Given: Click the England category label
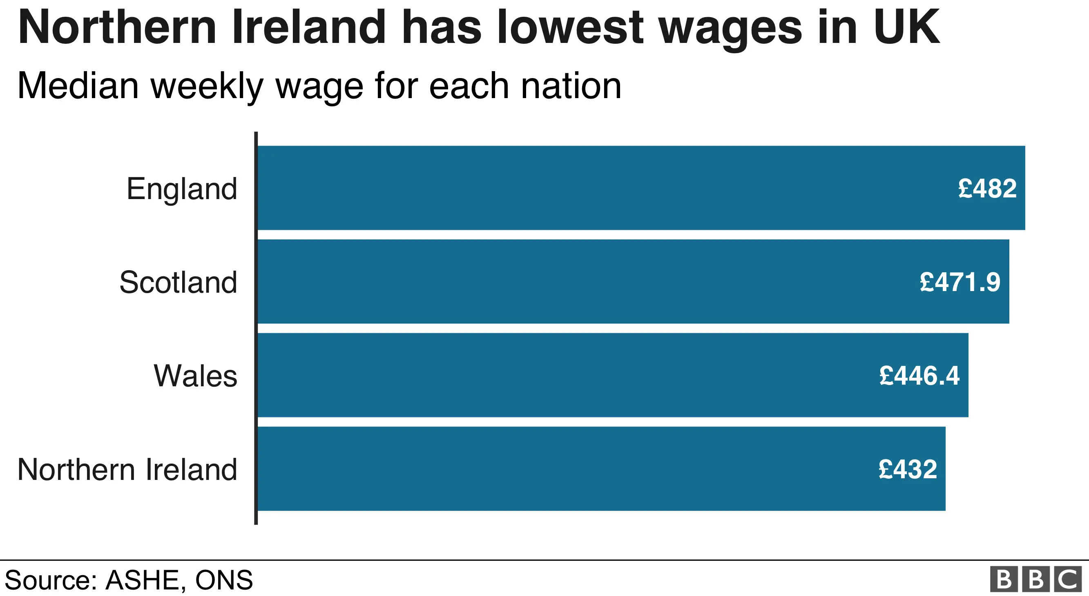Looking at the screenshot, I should coord(182,189).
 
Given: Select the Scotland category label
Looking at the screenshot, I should coord(178,282).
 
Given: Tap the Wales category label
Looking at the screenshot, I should coord(195,376).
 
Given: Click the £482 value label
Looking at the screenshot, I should coord(987,189).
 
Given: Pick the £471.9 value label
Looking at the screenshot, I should coord(960,282).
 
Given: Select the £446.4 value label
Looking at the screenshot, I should coord(919,376).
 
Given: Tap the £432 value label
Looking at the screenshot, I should coord(908,470).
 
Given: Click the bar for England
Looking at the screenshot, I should coord(592,188).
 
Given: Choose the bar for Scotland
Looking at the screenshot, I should coord(592,282).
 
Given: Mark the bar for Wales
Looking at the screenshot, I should coord(571,375).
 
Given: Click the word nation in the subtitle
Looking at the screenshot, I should coord(571,86).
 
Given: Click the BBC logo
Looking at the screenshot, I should coord(1036,579).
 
